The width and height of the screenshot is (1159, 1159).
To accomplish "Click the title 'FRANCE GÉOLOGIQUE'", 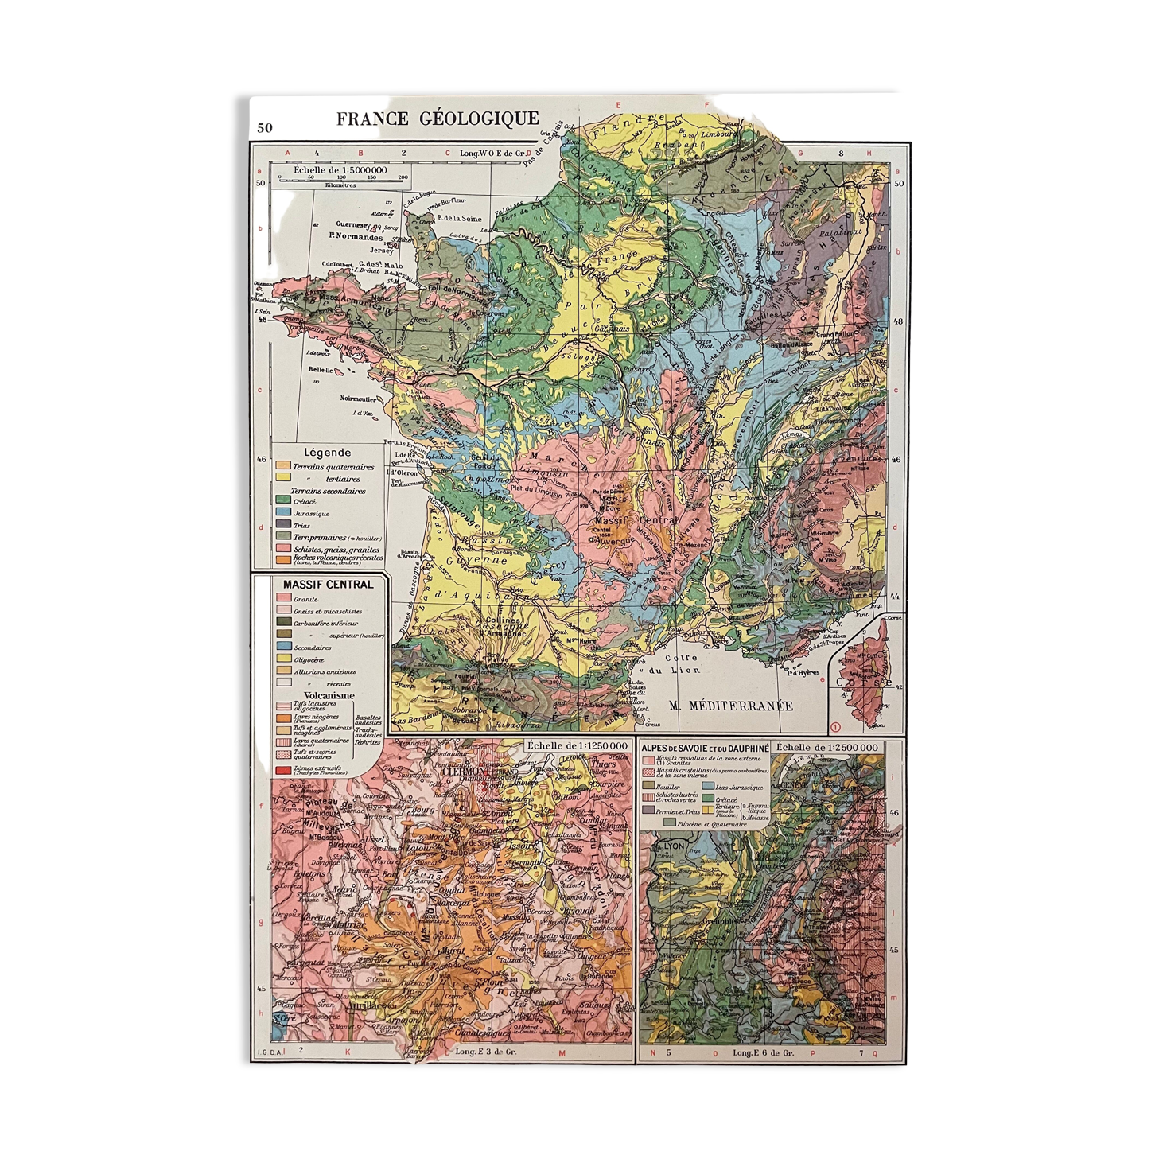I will click(x=438, y=119).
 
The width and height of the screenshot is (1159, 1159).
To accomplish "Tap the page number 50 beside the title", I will click(x=265, y=127).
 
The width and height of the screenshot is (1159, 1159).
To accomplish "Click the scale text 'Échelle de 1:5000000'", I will click(x=340, y=169).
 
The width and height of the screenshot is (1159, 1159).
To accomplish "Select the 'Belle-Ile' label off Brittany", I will click(x=321, y=370).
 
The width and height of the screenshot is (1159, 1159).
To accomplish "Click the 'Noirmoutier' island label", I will click(x=360, y=398).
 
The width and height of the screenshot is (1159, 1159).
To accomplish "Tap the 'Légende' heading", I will click(x=327, y=452).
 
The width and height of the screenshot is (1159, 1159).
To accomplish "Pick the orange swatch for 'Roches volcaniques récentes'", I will click(x=282, y=559).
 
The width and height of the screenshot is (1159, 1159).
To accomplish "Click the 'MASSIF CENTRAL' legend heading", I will click(x=328, y=584).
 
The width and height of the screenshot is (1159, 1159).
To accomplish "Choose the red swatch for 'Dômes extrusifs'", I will click(x=283, y=769).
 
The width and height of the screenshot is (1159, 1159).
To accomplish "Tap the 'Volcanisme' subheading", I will click(x=329, y=695).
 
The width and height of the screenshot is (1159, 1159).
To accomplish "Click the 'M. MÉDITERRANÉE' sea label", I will click(x=730, y=705).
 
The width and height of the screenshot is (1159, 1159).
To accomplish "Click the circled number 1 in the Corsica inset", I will click(x=835, y=726).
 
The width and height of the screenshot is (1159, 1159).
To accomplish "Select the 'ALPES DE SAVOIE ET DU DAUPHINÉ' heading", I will click(x=705, y=749).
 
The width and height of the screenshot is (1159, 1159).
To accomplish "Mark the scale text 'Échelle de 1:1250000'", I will click(x=577, y=746).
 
